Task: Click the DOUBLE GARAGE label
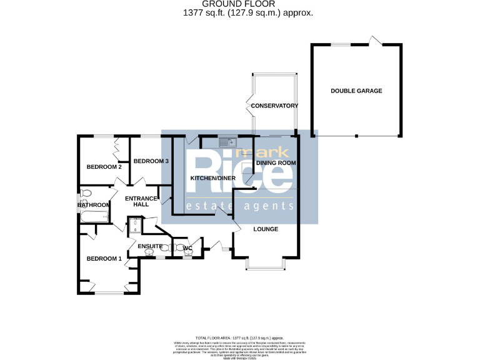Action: click(356, 91)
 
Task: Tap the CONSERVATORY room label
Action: click(274, 106)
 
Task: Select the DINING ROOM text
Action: click(276, 162)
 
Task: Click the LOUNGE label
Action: click(266, 229)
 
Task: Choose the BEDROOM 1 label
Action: click(104, 259)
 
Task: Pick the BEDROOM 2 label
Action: click(104, 167)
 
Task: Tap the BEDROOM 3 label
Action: click(151, 161)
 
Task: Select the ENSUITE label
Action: click(150, 246)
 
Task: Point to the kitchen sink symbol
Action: click(226, 142)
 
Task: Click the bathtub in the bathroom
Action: click(94, 217)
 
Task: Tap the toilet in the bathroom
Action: click(86, 193)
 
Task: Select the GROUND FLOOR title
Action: click(239, 4)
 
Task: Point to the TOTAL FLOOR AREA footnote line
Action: click(239, 336)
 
